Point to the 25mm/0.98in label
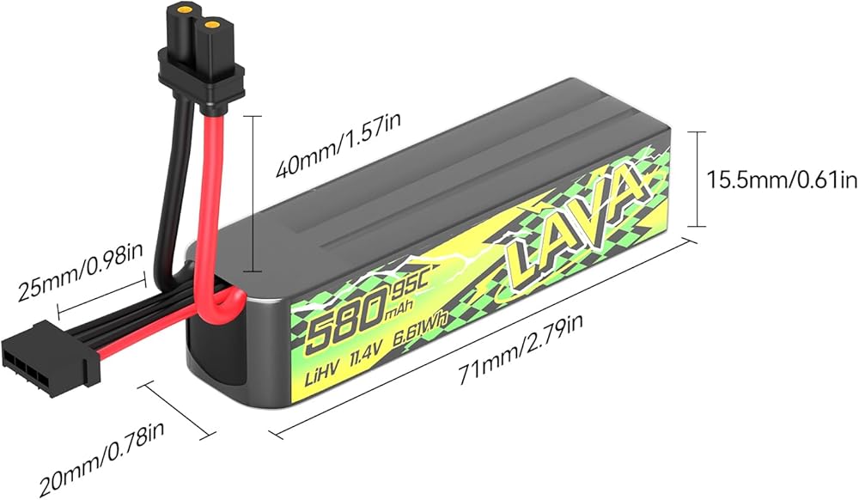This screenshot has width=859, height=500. [80, 271]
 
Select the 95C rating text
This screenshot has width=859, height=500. [407, 288]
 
